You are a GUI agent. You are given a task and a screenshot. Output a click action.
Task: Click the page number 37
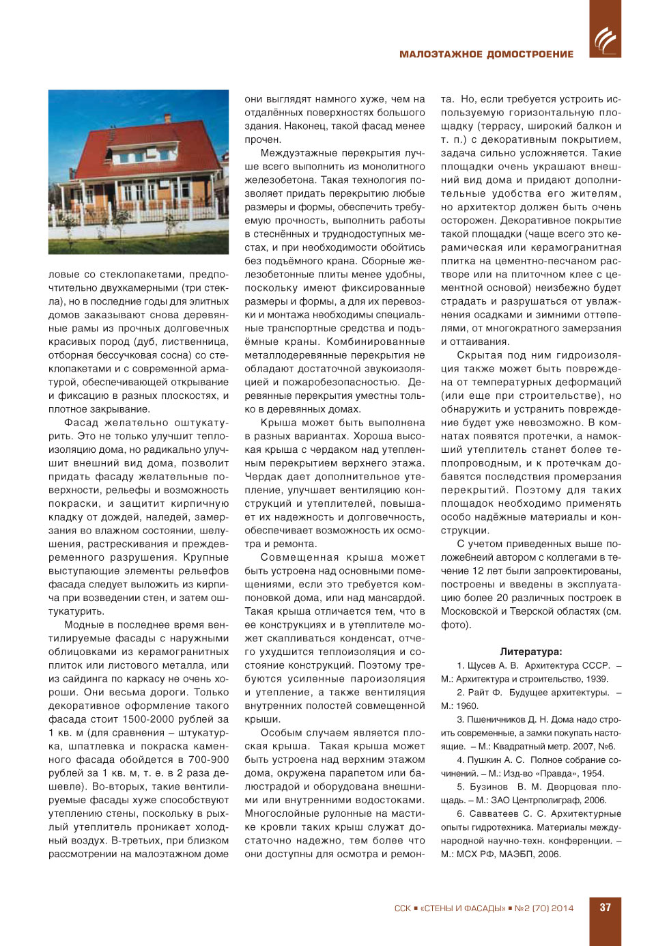pos(605,908)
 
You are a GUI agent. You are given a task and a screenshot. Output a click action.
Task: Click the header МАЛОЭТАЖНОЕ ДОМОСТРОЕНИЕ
pos(486,54)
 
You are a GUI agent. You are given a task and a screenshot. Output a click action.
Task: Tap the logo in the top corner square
pos(605,40)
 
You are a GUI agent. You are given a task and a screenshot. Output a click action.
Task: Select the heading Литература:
pos(530,652)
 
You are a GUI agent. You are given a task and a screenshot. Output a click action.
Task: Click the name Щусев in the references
pos(481,665)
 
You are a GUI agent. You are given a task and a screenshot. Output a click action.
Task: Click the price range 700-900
pos(208,760)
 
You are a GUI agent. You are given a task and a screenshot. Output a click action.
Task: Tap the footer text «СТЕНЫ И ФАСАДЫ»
pos(462,908)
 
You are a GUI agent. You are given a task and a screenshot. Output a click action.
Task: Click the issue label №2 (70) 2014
pos(543,908)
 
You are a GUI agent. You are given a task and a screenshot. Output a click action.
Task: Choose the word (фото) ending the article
pos(455,625)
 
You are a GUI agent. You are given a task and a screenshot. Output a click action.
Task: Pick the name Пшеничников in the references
pos(496,719)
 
